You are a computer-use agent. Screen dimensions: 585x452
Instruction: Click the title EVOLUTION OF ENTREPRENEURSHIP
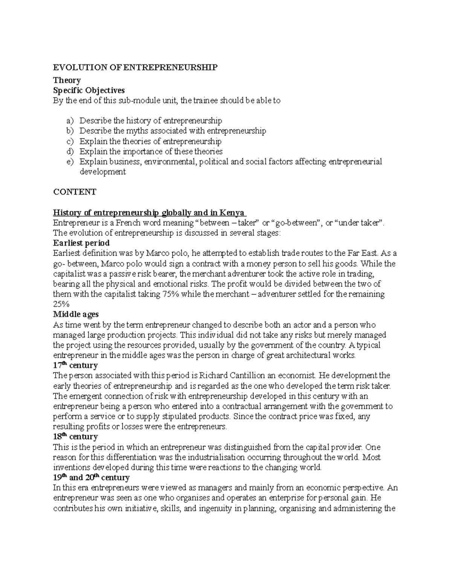point(135,67)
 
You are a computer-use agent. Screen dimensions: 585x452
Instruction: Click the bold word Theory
point(67,80)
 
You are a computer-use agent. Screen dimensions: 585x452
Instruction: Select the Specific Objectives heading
point(89,90)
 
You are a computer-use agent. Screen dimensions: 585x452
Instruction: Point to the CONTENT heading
point(75,192)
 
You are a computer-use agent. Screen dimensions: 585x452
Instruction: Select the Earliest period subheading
point(81,243)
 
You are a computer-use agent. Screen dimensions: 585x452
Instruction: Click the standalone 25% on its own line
point(62,304)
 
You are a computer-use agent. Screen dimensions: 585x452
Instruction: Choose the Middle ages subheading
point(76,315)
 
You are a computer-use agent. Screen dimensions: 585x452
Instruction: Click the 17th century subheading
point(75,365)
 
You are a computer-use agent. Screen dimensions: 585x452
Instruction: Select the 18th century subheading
point(75,437)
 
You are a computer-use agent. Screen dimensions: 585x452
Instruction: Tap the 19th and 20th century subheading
point(91,478)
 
